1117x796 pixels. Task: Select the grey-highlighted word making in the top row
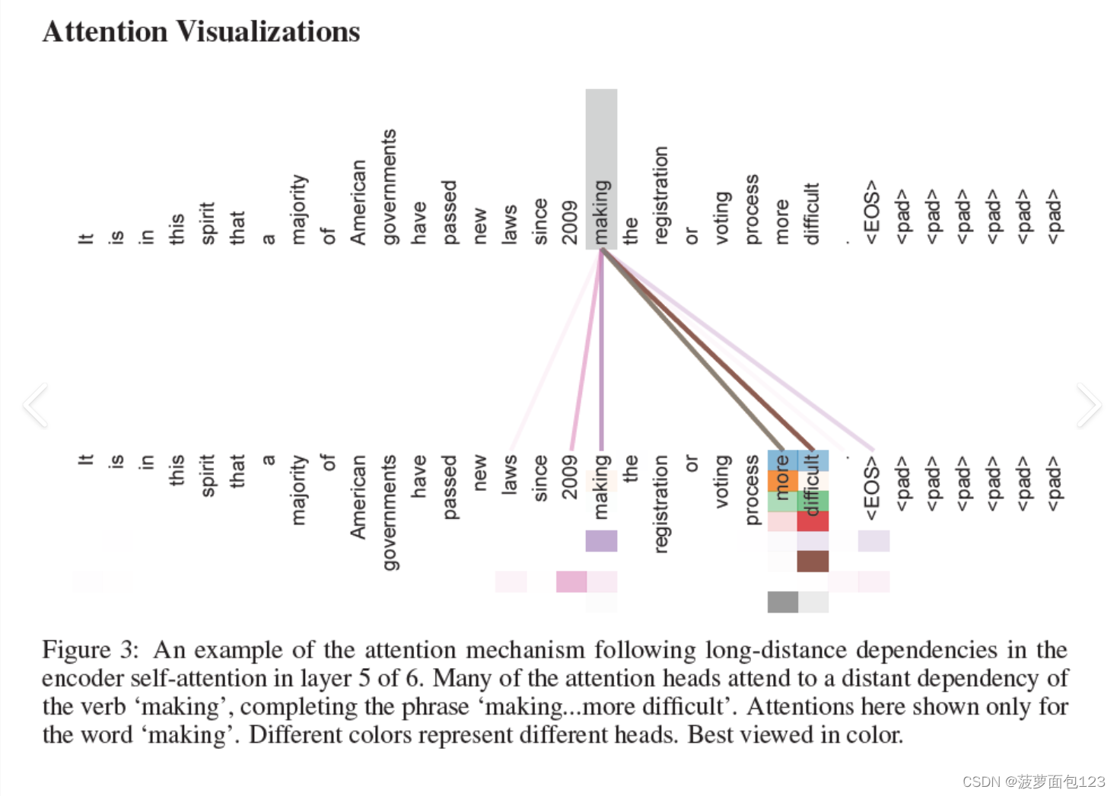click(601, 212)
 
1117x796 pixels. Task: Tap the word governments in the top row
click(389, 187)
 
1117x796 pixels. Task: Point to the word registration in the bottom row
click(660, 503)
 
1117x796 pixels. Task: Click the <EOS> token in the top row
click(872, 212)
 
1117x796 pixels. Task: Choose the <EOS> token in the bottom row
click(872, 488)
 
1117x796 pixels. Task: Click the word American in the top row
click(358, 202)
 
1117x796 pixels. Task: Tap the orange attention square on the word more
click(782, 481)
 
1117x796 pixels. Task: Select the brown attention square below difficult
click(813, 561)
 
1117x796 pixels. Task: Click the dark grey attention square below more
click(782, 602)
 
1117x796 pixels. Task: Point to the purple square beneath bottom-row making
click(601, 541)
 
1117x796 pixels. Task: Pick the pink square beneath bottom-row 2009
click(571, 581)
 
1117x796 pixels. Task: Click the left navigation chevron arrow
click(36, 405)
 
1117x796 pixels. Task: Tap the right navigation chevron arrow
click(1088, 405)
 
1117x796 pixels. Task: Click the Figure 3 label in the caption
click(90, 650)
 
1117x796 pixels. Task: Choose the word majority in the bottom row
click(298, 490)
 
